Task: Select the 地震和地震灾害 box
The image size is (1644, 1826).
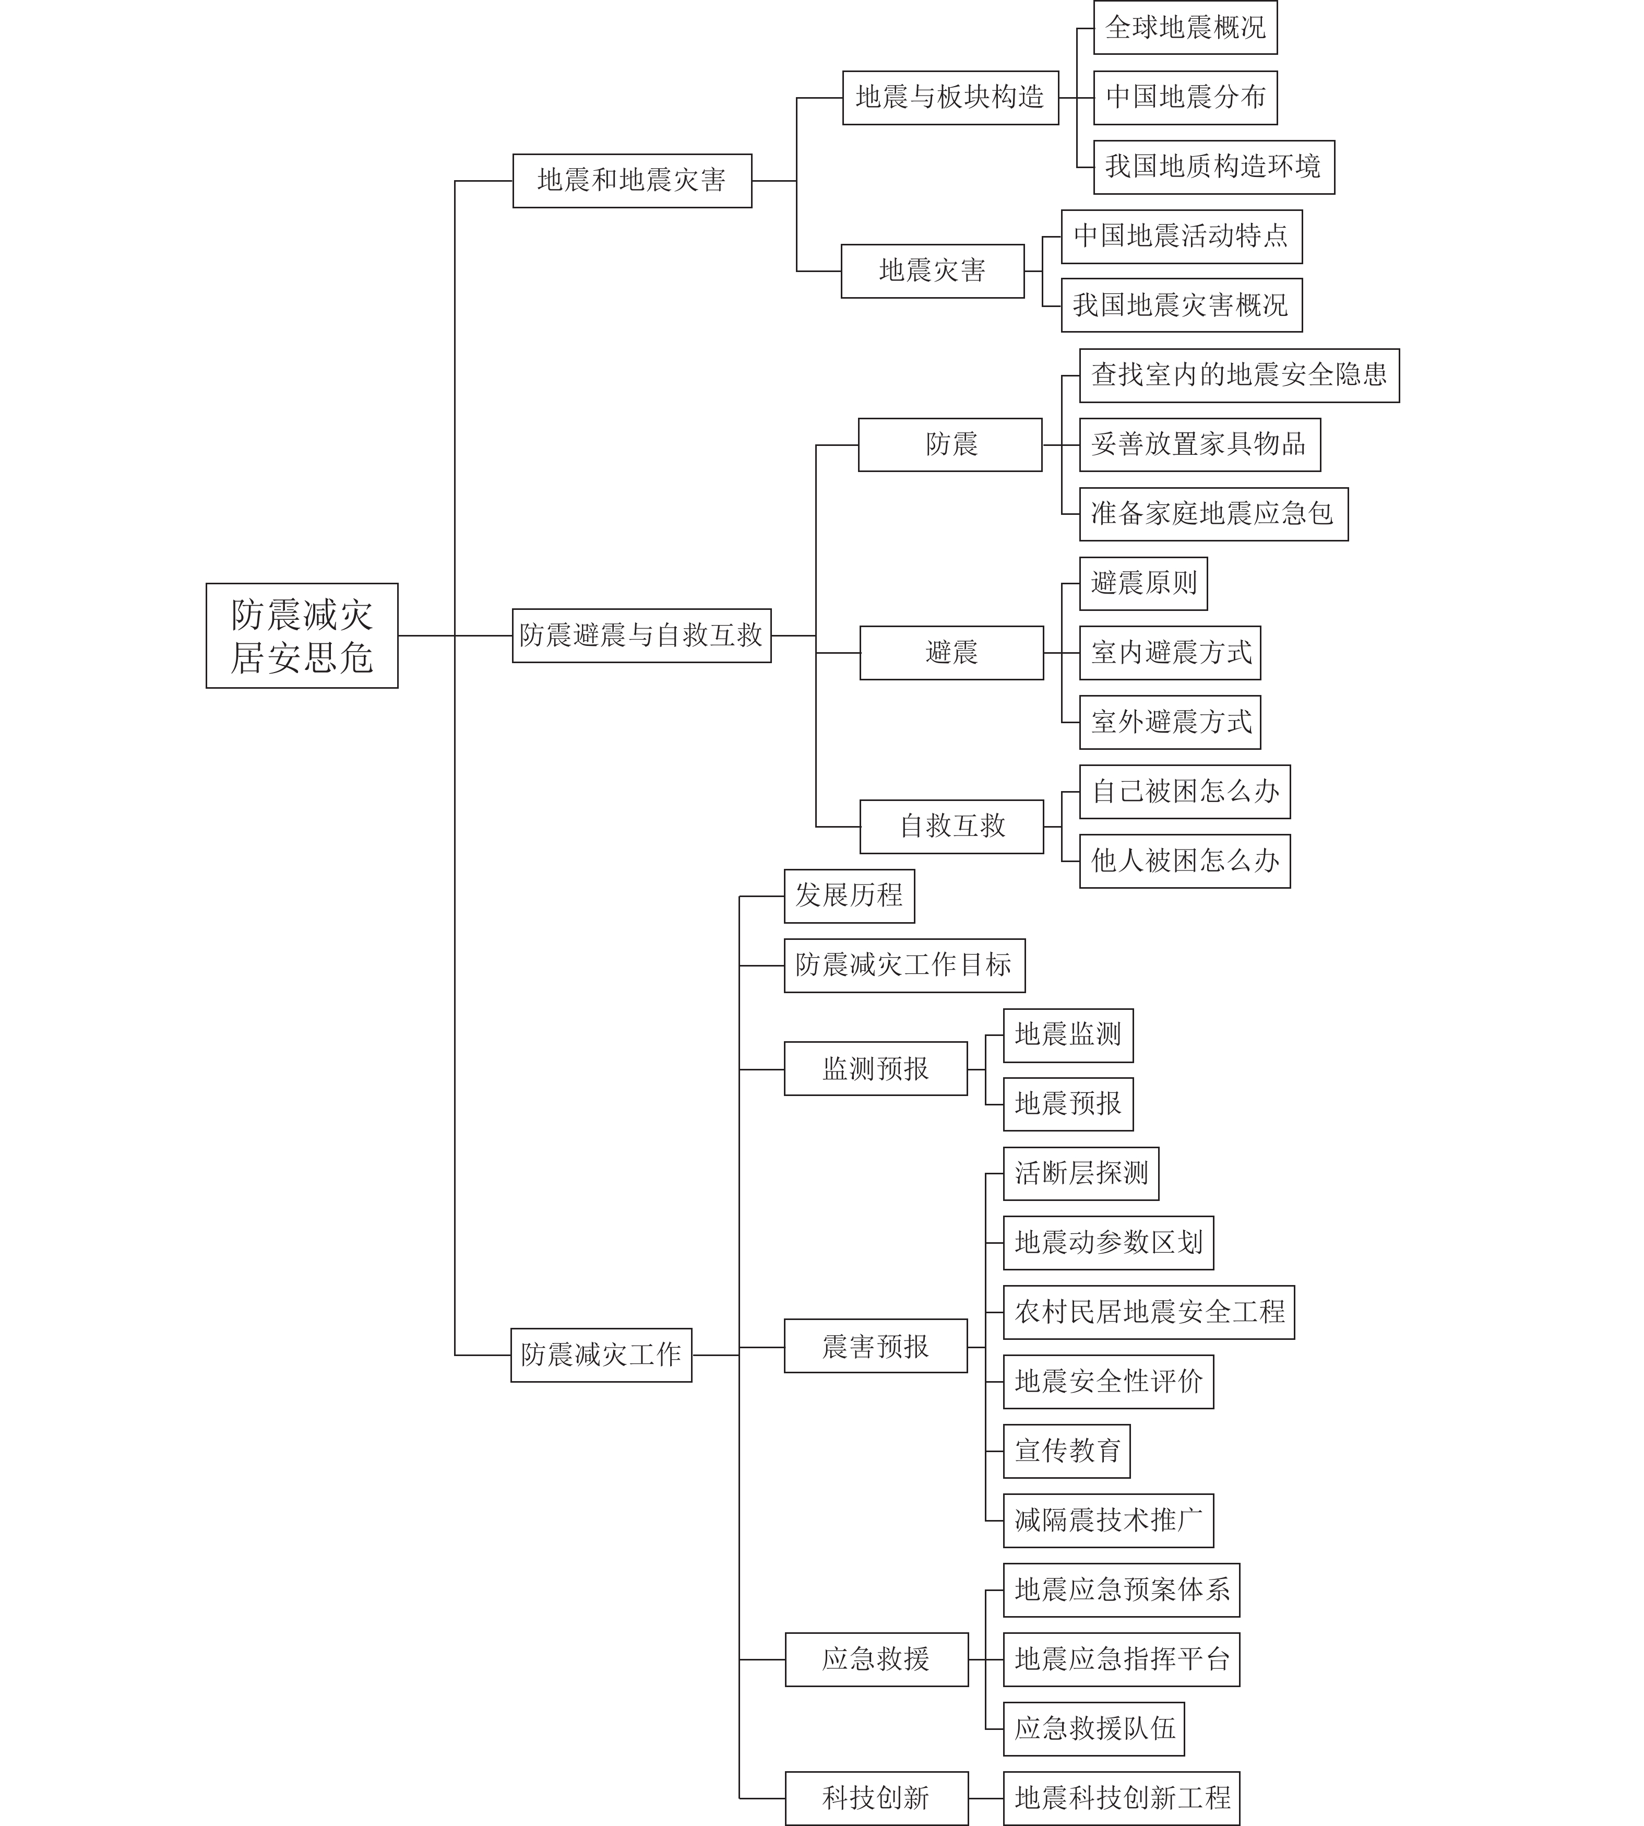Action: (x=633, y=181)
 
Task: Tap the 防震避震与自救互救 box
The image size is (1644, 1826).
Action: (x=641, y=635)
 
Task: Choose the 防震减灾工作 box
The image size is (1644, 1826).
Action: (x=602, y=1354)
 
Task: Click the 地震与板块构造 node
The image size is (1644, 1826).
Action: (x=950, y=98)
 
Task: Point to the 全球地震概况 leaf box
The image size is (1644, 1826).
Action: (x=1185, y=28)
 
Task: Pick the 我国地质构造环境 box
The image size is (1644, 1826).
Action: (x=1214, y=167)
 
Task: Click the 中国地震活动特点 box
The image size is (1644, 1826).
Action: (x=1182, y=237)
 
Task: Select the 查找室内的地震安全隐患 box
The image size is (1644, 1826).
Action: (x=1240, y=375)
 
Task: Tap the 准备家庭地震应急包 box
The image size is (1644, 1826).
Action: (x=1214, y=514)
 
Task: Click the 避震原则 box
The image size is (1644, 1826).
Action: (x=1143, y=584)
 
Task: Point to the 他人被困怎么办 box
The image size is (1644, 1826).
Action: (x=1185, y=861)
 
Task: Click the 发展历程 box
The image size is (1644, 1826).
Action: (x=849, y=896)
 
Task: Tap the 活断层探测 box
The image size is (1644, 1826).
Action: (x=1081, y=1174)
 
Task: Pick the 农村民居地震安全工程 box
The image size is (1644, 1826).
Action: (x=1149, y=1312)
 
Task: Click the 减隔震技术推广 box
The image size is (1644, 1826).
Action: (x=1109, y=1521)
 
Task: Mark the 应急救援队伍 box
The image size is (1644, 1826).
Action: (x=1094, y=1728)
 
